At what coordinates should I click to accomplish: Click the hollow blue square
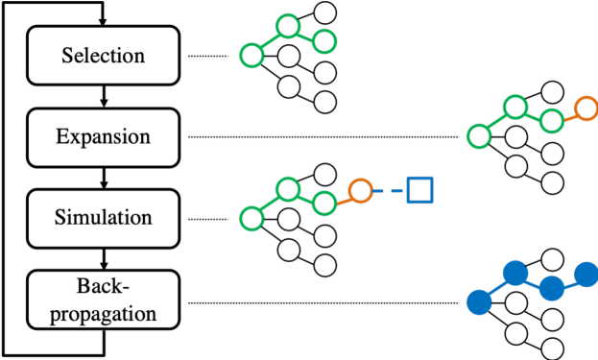point(419,190)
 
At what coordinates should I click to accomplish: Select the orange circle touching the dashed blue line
point(360,191)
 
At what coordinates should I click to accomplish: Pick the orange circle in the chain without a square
point(586,108)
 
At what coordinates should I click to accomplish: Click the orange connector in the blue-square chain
point(343,198)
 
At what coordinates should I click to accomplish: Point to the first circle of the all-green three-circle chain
point(251,55)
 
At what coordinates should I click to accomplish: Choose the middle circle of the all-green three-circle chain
point(288,26)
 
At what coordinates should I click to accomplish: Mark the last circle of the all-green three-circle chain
point(324,41)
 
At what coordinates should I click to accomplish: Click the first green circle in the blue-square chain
point(251,218)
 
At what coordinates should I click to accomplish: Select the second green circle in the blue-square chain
point(288,189)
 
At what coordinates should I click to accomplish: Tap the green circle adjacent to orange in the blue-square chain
point(324,203)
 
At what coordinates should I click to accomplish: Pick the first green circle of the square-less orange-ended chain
point(479,136)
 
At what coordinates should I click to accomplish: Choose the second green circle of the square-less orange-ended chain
point(515,107)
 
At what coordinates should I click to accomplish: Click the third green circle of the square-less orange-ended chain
point(552,121)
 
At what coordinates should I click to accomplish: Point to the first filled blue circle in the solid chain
point(479,302)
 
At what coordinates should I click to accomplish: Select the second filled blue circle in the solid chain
point(515,273)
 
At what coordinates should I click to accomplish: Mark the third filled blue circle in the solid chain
point(552,288)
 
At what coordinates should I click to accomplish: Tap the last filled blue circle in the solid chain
point(586,275)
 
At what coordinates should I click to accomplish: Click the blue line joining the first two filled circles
point(497,288)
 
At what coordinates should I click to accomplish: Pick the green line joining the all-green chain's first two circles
point(270,40)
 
